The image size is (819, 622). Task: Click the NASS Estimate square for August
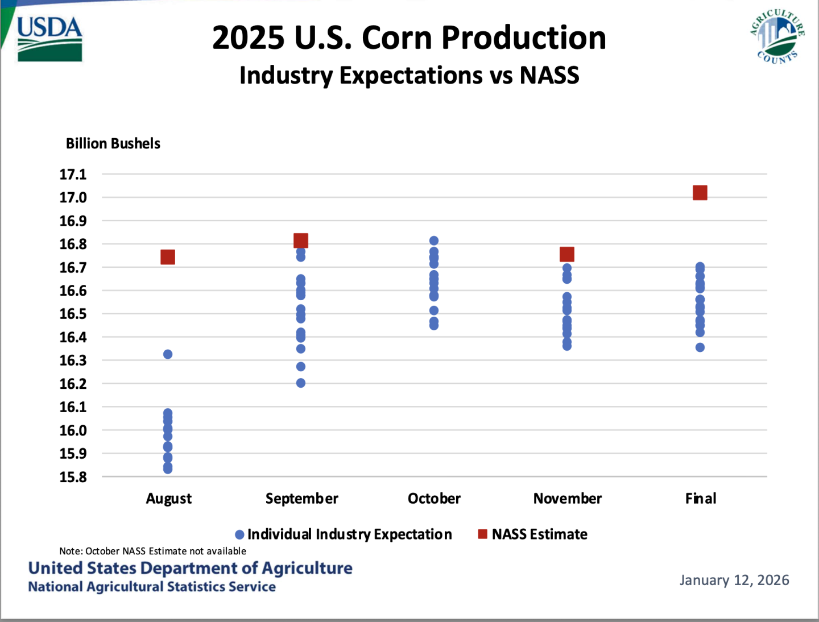coord(168,257)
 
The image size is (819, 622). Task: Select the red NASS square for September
coord(301,240)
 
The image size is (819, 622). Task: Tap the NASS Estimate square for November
coord(567,254)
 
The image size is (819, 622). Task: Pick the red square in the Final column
coord(700,193)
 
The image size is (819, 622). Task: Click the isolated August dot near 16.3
coord(168,354)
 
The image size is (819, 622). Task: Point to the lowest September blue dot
coord(301,383)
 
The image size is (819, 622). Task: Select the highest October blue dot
coord(434,240)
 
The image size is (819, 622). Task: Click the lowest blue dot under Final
coord(700,347)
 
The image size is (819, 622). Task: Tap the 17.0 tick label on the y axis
coord(73,197)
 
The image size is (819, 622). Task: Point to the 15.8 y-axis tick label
coord(73,477)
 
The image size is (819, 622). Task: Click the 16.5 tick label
coord(73,314)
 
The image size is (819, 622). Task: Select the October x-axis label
coord(434,499)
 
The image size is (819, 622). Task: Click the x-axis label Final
coord(701,499)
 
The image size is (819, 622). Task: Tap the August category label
coord(169,499)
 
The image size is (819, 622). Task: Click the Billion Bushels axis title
coord(113,143)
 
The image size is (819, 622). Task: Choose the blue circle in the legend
coord(240,534)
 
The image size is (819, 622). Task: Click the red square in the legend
coord(483,534)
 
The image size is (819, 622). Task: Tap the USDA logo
coord(49,39)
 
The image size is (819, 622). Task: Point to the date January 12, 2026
coord(734,580)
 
